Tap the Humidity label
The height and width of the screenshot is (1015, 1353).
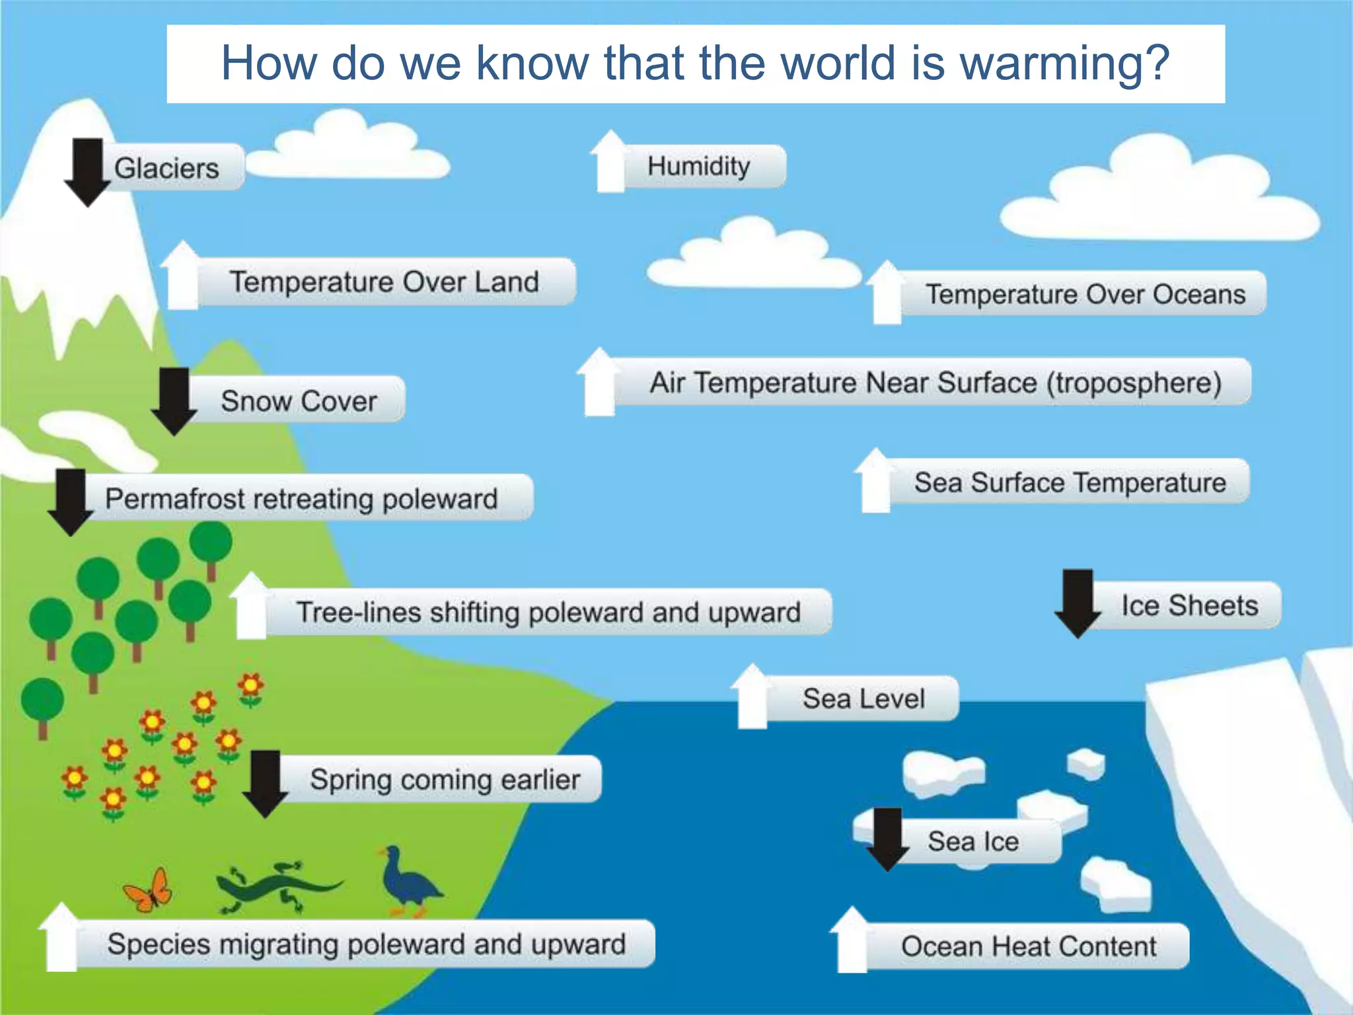[x=698, y=167]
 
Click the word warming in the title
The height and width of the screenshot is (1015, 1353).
[x=1064, y=64]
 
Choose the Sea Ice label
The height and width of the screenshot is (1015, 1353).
[x=973, y=841]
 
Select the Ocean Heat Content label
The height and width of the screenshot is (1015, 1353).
[x=1028, y=946]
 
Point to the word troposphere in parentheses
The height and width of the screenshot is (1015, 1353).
[x=1134, y=383]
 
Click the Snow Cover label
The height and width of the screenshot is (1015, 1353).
[x=299, y=400]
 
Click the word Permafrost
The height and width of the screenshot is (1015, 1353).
[x=174, y=499]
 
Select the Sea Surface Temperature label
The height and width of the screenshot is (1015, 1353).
[x=1070, y=482]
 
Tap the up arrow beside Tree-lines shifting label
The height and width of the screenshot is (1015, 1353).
[x=251, y=606]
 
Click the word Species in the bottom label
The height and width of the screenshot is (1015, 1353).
[x=159, y=944]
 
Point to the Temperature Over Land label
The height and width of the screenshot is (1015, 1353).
[x=384, y=282]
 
